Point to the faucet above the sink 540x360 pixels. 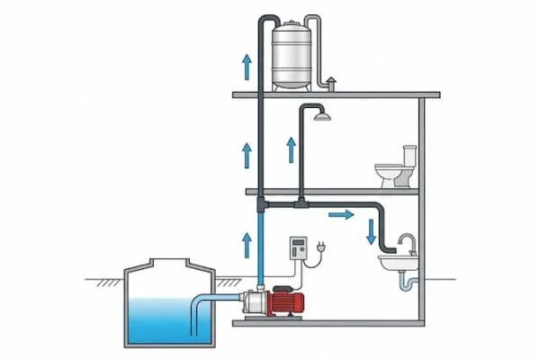pyautogui.click(x=409, y=242)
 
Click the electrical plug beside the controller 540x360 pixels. pyautogui.click(x=320, y=247)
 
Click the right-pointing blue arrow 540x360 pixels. pyautogui.click(x=340, y=215)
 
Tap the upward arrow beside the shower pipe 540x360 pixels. pyautogui.click(x=291, y=149)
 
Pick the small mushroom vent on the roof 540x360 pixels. pyautogui.click(x=330, y=83)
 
